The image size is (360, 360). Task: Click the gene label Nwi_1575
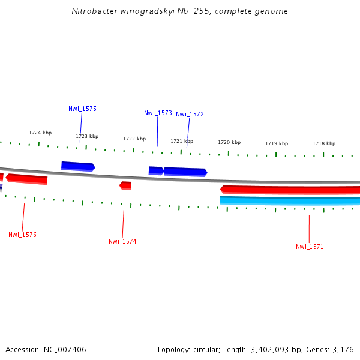point(82,109)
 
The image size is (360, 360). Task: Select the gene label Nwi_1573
point(158,113)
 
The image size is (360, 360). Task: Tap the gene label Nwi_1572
point(190,114)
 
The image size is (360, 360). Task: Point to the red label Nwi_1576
point(22,235)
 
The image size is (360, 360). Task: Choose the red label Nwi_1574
point(122,241)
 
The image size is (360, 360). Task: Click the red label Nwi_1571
point(309,247)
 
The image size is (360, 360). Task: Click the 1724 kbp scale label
point(40,133)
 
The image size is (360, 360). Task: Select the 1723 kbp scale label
point(87,136)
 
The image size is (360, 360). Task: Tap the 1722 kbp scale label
point(134,139)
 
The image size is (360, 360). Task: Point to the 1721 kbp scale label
point(182,141)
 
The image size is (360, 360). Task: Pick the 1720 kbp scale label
point(229,142)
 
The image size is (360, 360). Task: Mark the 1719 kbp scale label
point(277,143)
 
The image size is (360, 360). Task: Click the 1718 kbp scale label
point(324,143)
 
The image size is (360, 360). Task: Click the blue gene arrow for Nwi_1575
point(77,166)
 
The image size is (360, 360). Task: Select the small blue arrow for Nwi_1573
point(156,170)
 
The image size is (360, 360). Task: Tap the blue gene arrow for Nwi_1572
point(185,172)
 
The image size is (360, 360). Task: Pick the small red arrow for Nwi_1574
point(125,185)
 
